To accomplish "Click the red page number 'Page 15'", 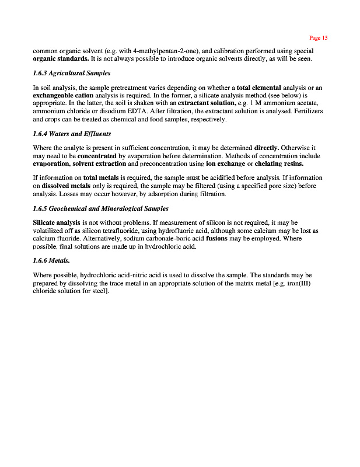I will [319, 38].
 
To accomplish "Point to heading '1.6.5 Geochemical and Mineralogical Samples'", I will [100, 208].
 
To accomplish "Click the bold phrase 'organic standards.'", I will [61, 59].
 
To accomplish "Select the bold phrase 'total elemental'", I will [258, 88].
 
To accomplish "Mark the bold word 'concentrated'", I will [97, 156].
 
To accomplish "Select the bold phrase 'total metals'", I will [102, 177].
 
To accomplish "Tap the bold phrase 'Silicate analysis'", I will [57, 223].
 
